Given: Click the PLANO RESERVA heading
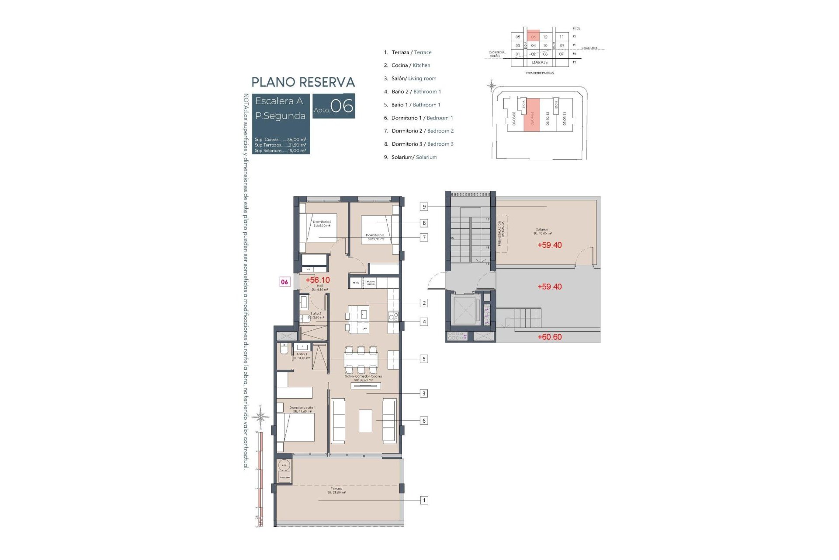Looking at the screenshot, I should pos(303,82).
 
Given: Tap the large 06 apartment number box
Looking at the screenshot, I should pos(334,106).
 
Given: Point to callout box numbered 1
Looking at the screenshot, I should pos(423,500).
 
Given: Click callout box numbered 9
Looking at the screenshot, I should pos(423,206).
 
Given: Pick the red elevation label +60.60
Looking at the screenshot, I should pos(549,337).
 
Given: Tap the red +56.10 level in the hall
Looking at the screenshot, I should pos(318,280).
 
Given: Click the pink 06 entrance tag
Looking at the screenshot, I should pos(284,282).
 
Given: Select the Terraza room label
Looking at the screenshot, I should pos(336,490).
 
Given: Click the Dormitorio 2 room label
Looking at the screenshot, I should pos(322,224).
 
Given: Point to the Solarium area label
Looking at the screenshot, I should pos(542,231).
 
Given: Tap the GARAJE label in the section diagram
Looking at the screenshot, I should pos(540,63).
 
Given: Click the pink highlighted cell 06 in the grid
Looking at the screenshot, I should pos(533,37).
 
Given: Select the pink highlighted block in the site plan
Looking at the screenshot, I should pos(532,115).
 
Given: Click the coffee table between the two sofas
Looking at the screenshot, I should pos(365,420).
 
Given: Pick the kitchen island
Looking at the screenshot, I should pos(358,319).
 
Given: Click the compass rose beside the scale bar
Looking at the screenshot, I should pos(261,417).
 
